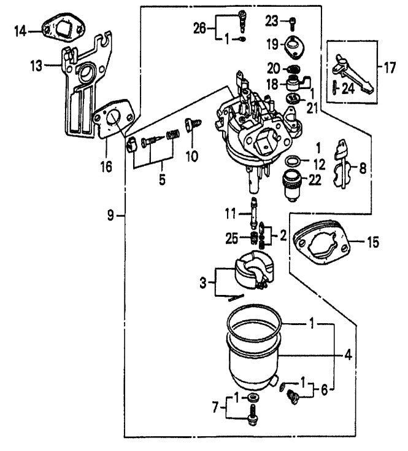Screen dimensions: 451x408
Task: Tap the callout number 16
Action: tap(106, 166)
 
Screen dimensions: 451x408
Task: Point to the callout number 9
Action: tap(110, 215)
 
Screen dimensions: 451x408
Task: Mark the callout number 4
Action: tap(348, 354)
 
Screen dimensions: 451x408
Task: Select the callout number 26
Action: tap(199, 27)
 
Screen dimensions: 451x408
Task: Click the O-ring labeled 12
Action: tap(294, 162)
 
